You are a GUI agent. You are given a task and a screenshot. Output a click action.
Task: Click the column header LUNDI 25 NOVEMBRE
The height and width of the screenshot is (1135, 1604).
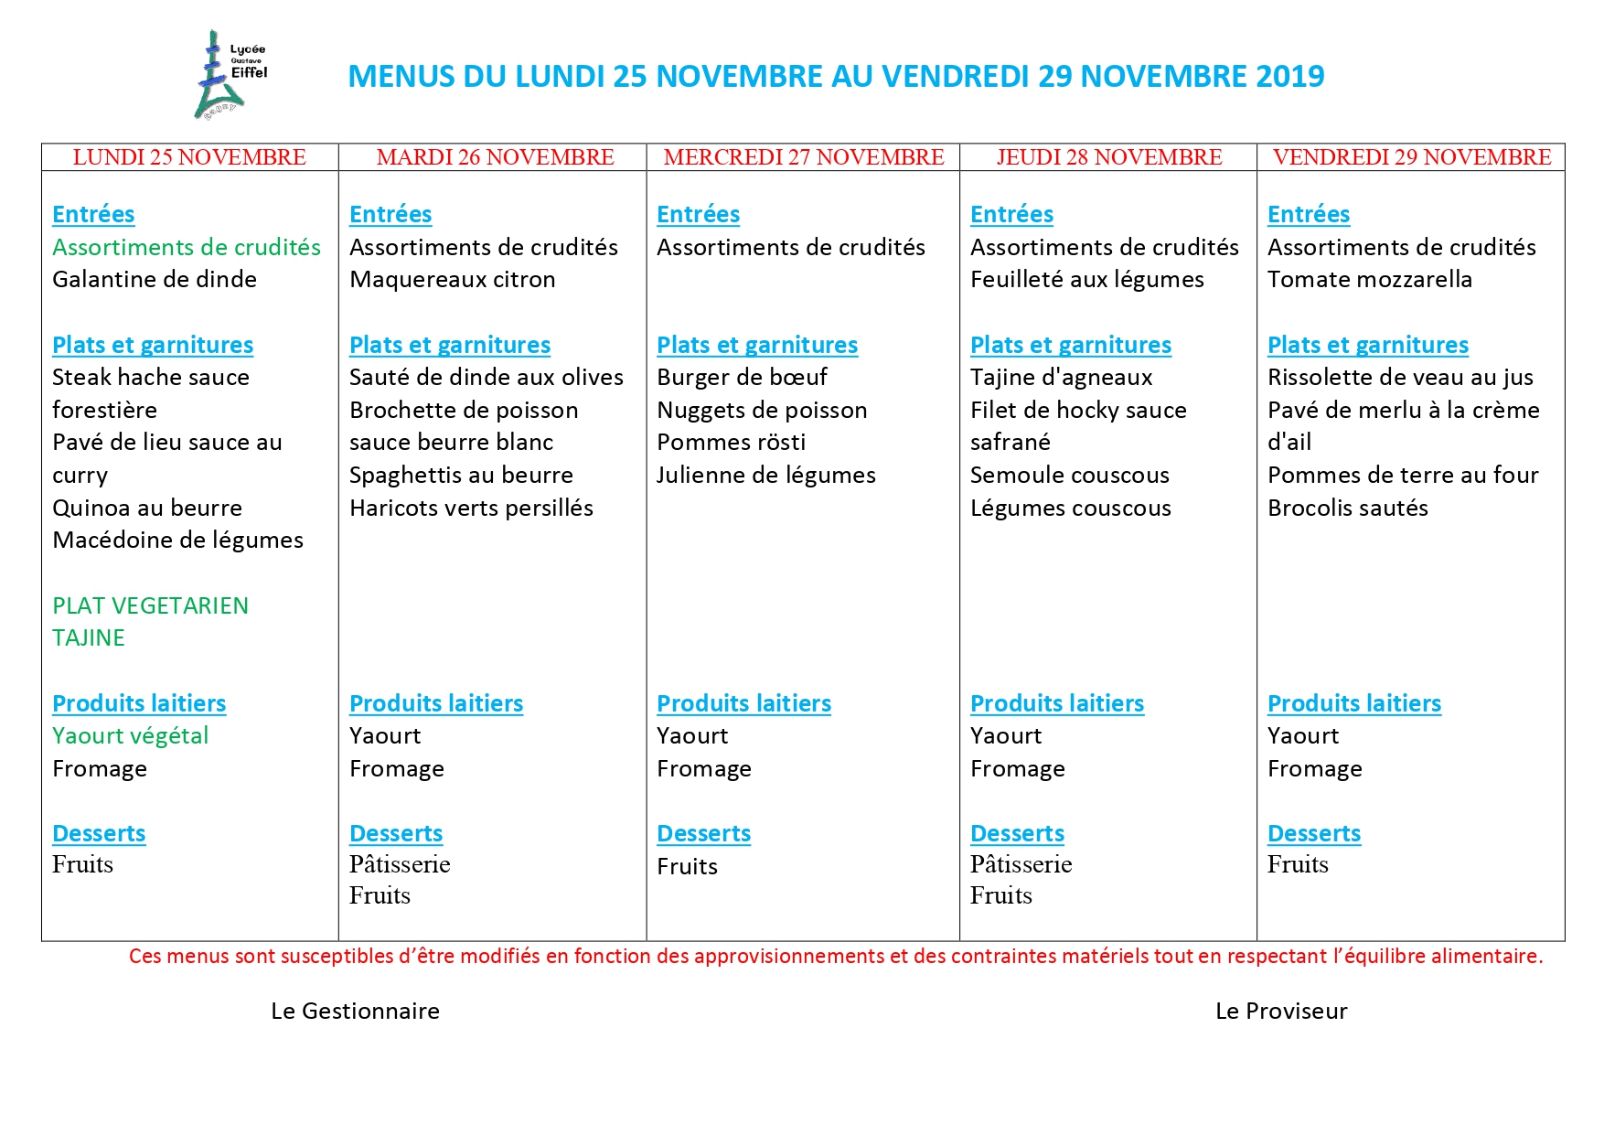tap(189, 157)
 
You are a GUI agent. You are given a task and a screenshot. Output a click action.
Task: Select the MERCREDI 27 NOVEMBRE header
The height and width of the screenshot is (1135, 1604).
tap(803, 157)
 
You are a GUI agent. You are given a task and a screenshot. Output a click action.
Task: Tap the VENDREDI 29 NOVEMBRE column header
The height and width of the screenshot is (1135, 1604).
tap(1411, 157)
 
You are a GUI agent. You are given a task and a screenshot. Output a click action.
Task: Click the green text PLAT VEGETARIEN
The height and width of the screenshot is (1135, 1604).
tap(150, 605)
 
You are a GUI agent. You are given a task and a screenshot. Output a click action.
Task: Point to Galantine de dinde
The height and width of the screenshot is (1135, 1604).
tap(154, 279)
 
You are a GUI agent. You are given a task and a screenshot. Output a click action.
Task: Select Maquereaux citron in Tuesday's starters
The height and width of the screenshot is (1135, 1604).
tap(452, 279)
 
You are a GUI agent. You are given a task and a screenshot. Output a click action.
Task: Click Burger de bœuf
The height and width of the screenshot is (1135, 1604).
tap(742, 377)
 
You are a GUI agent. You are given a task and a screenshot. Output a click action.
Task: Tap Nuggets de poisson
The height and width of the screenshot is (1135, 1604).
tap(762, 410)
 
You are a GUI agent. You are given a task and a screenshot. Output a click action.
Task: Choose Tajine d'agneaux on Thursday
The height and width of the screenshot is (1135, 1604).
tap(1061, 377)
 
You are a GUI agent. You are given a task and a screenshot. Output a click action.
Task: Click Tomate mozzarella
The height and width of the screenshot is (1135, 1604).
tap(1369, 279)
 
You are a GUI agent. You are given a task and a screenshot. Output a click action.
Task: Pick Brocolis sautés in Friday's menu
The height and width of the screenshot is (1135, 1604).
tap(1347, 508)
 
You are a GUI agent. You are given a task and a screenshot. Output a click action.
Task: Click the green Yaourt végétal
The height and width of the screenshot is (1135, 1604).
tap(130, 735)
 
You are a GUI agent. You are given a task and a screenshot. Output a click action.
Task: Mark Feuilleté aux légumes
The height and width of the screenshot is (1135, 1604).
tap(1086, 279)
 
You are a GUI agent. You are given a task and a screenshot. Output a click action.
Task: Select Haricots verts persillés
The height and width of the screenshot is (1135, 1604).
tap(471, 508)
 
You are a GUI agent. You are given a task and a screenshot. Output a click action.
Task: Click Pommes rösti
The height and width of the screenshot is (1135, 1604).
tap(731, 442)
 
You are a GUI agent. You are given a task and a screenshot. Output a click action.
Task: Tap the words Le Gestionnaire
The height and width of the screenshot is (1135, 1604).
tap(355, 1011)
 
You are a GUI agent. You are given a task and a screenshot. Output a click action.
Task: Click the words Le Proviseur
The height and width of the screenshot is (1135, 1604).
tap(1280, 1011)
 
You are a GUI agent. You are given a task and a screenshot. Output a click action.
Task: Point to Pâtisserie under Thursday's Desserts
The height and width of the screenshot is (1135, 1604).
tap(1021, 864)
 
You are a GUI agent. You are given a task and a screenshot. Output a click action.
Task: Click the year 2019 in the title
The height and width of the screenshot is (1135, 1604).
tap(1289, 76)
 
